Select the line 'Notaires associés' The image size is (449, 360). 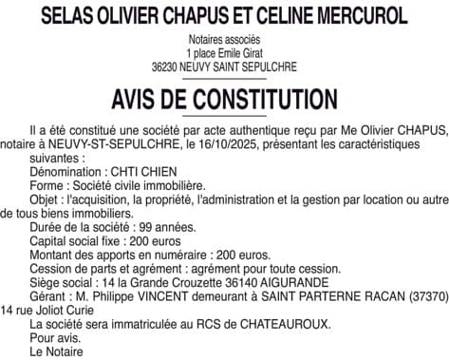click(x=224, y=42)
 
